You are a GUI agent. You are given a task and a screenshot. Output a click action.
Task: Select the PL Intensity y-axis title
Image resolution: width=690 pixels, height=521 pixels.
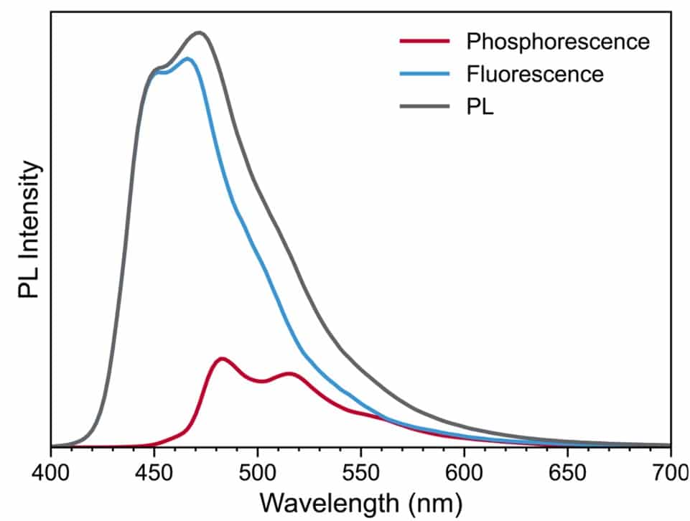(29, 230)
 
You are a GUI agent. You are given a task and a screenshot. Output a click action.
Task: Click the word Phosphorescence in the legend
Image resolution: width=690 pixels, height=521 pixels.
(558, 42)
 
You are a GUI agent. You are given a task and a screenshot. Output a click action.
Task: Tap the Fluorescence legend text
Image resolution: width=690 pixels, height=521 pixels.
(535, 74)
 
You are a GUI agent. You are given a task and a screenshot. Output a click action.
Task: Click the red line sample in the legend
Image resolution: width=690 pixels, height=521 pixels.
(424, 41)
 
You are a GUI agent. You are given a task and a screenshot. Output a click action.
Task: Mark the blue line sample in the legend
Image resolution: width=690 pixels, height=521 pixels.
(424, 74)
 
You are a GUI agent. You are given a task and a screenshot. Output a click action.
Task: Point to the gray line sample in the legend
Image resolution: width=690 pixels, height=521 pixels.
(424, 107)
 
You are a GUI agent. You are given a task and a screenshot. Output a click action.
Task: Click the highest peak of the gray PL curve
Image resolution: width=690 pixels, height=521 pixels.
(199, 32)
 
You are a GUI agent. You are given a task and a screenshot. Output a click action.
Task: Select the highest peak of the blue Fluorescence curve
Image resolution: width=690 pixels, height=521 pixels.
(188, 59)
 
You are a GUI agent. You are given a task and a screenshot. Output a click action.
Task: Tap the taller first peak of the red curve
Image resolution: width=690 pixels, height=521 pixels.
(222, 358)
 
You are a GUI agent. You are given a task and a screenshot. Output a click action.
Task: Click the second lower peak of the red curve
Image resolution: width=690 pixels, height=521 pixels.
(289, 373)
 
